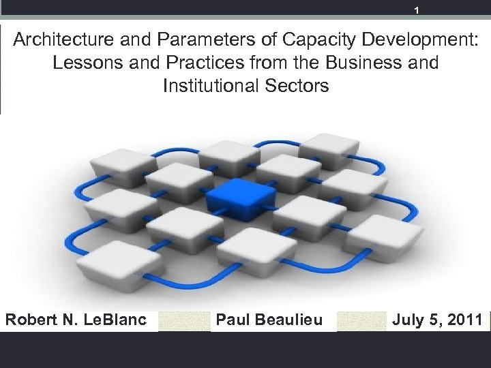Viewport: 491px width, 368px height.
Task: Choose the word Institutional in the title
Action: pyautogui.click(x=205, y=87)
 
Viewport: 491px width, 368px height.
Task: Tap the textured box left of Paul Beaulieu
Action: pyautogui.click(x=184, y=320)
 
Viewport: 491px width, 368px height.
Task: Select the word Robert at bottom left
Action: pyautogui.click(x=29, y=319)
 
